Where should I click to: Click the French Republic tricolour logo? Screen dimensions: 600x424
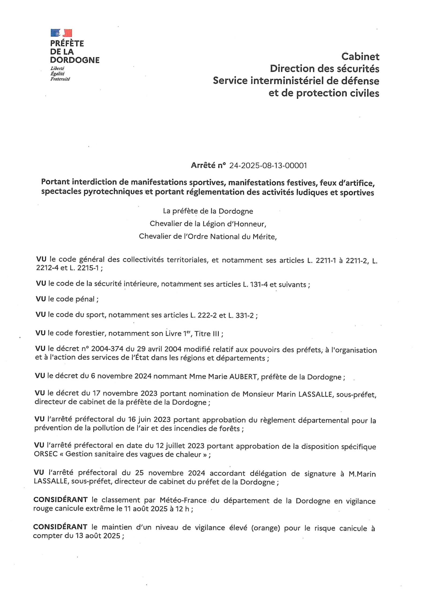click(x=61, y=33)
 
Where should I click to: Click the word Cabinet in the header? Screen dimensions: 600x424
click(x=360, y=56)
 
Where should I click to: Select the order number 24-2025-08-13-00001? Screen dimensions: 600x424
click(x=268, y=166)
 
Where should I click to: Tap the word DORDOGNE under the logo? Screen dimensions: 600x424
click(x=75, y=60)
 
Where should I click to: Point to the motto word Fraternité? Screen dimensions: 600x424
click(x=60, y=79)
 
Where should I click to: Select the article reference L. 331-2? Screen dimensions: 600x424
click(x=241, y=315)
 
